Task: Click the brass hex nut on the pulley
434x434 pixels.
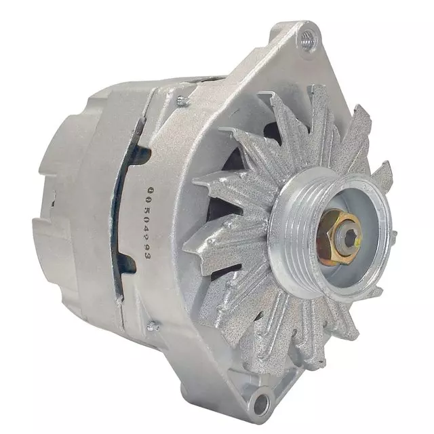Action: [337, 233]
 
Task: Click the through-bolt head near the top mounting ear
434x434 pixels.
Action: [181, 101]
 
